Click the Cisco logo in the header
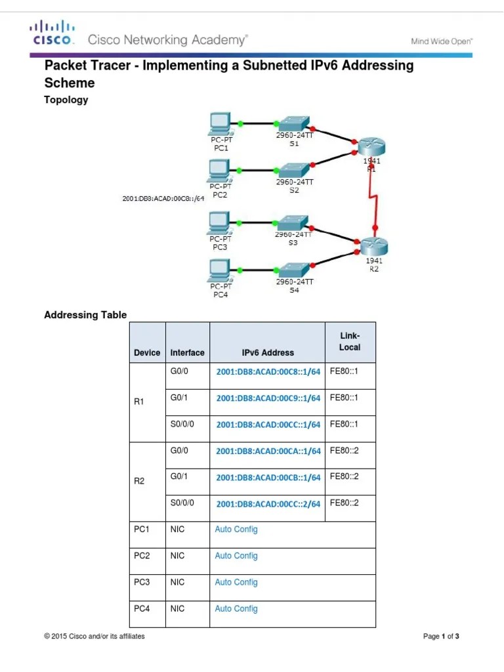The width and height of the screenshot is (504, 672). click(x=51, y=33)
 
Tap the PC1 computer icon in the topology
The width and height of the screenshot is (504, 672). click(x=220, y=123)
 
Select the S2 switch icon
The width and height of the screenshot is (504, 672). click(x=293, y=169)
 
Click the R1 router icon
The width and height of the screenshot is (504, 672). click(x=370, y=146)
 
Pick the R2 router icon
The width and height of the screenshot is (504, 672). click(x=373, y=246)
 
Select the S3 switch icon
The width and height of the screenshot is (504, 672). click(x=292, y=222)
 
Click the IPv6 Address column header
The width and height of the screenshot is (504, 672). click(x=268, y=352)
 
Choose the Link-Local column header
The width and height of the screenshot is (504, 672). click(x=350, y=342)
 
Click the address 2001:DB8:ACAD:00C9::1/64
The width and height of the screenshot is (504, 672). click(x=268, y=398)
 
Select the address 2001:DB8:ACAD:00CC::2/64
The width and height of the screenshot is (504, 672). click(x=268, y=504)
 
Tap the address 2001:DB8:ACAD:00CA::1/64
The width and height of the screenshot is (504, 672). click(x=268, y=451)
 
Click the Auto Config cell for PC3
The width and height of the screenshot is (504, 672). click(x=236, y=582)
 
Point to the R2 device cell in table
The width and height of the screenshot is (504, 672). click(x=139, y=481)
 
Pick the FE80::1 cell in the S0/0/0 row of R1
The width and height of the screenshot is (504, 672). click(x=344, y=424)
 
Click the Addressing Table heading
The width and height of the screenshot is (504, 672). click(x=85, y=315)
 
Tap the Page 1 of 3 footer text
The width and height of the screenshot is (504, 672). click(x=441, y=637)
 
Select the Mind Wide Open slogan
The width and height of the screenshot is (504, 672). click(x=442, y=41)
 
